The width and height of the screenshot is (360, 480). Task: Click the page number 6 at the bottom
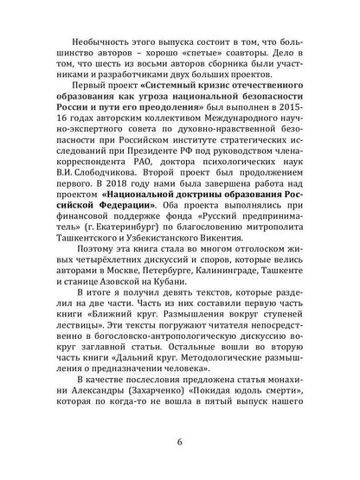tap(179, 466)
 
